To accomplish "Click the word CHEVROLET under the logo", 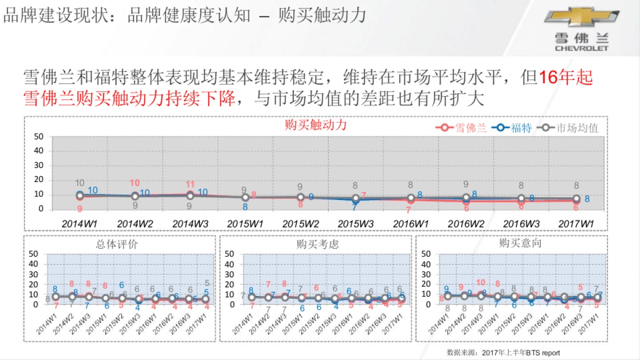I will (x=581, y=48).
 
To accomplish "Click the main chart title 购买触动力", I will (x=316, y=125).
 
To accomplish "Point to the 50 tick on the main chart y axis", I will (x=38, y=137).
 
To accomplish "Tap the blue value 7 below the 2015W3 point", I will (x=354, y=207).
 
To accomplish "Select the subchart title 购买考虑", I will (x=317, y=244).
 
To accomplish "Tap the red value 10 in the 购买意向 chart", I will (x=481, y=283).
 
